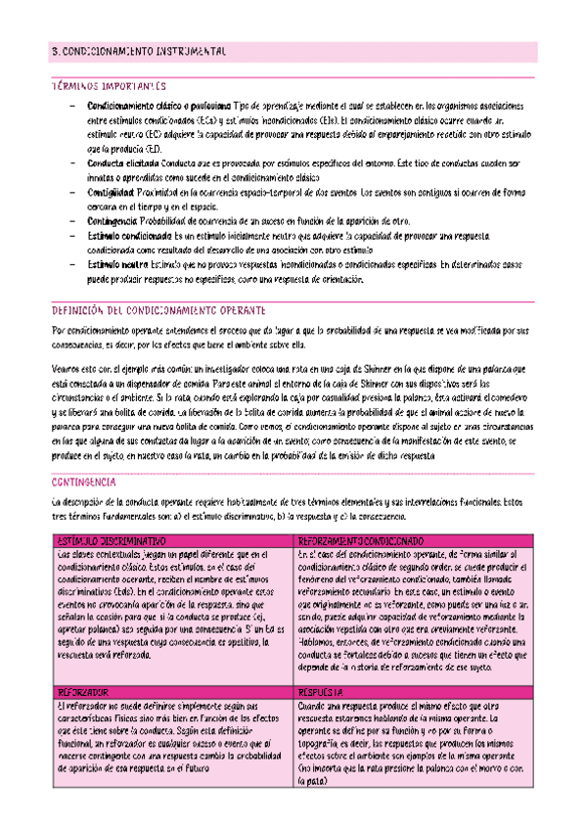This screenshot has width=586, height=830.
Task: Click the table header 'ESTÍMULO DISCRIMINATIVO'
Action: [x=113, y=540]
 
